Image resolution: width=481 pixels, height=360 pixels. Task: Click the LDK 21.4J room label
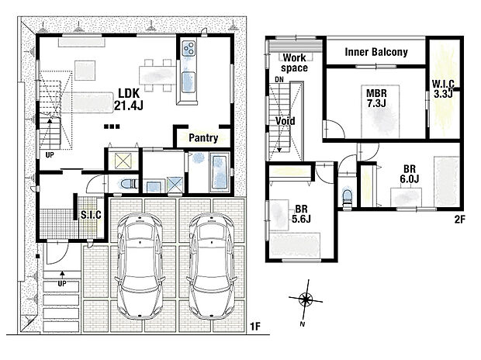[129, 99]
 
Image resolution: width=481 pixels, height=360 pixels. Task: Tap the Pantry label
[203, 138]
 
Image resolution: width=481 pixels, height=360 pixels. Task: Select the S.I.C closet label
[91, 215]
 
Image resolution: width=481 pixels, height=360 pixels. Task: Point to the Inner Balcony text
[376, 52]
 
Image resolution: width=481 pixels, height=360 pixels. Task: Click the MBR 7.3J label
[376, 98]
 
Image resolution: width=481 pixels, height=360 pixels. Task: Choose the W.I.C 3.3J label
[443, 88]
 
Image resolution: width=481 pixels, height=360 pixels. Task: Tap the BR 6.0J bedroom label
[410, 174]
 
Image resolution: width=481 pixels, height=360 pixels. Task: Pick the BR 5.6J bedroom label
[301, 214]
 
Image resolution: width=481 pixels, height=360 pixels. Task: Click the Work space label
[294, 63]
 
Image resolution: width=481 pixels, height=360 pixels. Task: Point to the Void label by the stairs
[285, 121]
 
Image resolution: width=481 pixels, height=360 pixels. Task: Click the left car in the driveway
[140, 266]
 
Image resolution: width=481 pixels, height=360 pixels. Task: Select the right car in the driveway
[211, 266]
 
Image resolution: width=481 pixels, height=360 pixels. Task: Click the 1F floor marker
[254, 327]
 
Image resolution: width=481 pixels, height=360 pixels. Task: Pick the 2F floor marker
[459, 219]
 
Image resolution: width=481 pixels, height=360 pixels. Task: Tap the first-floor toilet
[128, 184]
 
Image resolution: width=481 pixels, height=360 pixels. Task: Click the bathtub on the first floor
[220, 173]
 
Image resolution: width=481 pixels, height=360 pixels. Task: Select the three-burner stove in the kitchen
[189, 48]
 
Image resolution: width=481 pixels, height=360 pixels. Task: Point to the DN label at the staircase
[279, 79]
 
